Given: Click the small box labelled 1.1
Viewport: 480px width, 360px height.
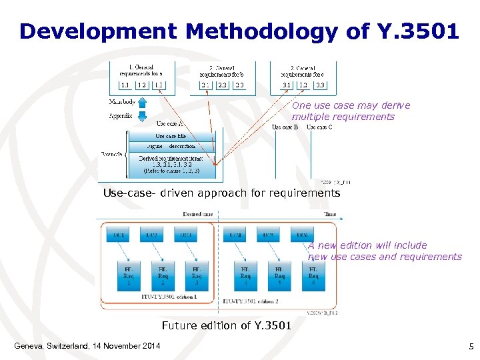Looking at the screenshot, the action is coord(125,85).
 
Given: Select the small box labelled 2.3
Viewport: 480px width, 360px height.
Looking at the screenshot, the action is coord(239,85).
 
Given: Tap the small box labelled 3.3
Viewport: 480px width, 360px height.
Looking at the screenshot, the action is coord(321,85).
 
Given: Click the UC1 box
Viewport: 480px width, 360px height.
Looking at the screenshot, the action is coord(119,235).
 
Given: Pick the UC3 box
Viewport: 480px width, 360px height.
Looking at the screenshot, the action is coord(186,235).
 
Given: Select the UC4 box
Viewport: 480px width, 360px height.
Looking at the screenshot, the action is coord(236,235).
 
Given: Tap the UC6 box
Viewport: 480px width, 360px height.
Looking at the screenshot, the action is coord(303,235).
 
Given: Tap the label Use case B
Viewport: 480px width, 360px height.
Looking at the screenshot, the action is coord(285,127).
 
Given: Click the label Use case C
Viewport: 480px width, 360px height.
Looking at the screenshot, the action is coord(319,127).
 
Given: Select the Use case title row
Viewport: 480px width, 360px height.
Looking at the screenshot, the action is coord(171,136).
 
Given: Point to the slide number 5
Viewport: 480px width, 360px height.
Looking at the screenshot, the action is coord(471,346).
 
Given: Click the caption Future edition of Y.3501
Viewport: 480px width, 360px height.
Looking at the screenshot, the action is coord(226,325).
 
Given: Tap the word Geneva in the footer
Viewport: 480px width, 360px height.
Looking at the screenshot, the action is coord(30,346).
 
